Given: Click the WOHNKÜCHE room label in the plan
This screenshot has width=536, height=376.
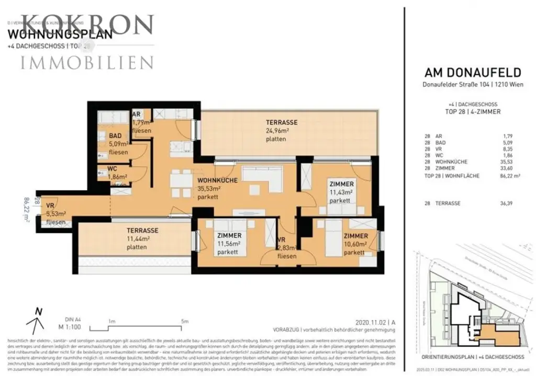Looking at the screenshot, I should pos(218,180).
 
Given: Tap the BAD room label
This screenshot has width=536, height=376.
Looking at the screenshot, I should pos(115,136).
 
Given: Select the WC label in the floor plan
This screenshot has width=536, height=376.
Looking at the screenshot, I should pos(112,169).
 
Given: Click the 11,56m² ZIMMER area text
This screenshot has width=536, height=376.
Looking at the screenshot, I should pos(229,244).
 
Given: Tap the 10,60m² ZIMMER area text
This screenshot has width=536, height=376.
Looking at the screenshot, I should pos(355,244).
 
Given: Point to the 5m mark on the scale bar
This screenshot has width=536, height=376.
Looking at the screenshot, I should pos(183,322).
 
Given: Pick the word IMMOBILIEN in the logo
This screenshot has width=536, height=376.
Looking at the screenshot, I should pos(87,63).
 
